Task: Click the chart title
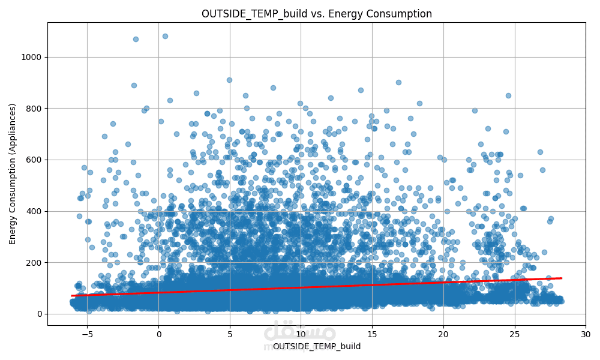(316, 14)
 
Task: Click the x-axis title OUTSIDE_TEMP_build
(316, 346)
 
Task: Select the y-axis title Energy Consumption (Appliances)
(13, 173)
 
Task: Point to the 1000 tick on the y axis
(31, 57)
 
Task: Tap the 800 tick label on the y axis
(34, 109)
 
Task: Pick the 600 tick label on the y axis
(34, 160)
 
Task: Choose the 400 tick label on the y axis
(34, 211)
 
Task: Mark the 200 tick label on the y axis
(34, 262)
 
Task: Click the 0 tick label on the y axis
(39, 314)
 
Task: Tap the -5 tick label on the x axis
(87, 334)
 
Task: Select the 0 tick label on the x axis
(158, 334)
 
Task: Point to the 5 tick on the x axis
(230, 334)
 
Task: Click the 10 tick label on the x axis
(301, 334)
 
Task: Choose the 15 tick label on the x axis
(372, 334)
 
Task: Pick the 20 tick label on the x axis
(443, 334)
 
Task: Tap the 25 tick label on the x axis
(515, 334)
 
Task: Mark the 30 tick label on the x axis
(586, 334)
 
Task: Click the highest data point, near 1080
(165, 36)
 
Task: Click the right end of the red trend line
(561, 278)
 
